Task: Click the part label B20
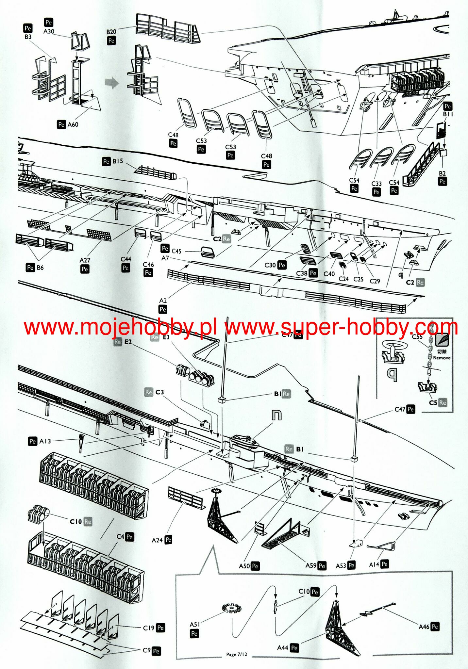coord(111,32)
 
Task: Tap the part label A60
coord(73,124)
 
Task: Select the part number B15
coord(118,161)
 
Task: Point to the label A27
coord(85,260)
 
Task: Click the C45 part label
coord(176,251)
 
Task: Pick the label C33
coord(376,184)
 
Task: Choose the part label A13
coord(45,441)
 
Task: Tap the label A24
coord(157,540)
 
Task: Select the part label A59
coord(311,565)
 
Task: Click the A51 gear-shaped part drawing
coord(232,608)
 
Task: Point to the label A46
coord(424,627)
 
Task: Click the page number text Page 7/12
coord(237,654)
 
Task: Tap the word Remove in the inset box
coord(442,358)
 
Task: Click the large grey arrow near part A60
coord(112,83)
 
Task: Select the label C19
coord(149,628)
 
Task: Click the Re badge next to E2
coord(118,342)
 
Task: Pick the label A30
coord(49,31)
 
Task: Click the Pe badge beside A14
coord(385,564)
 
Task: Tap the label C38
coord(302,273)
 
